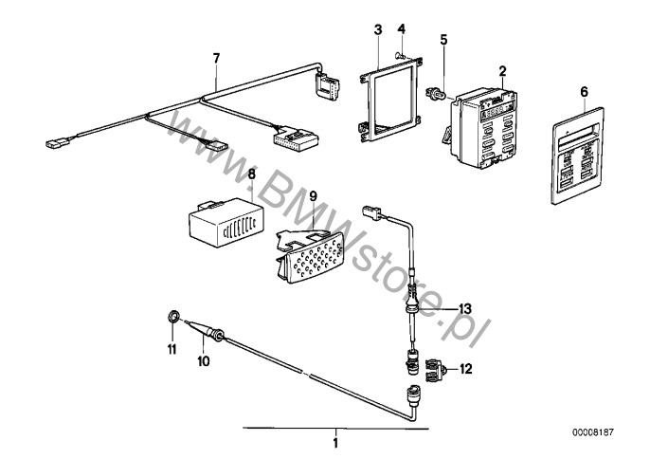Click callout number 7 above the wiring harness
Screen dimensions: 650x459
point(216,58)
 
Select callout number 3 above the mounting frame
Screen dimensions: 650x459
point(378,29)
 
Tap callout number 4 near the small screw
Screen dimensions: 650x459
point(402,28)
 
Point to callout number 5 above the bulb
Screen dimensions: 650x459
point(444,40)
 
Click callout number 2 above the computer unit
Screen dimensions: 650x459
point(502,71)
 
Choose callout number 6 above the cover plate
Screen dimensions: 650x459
point(584,92)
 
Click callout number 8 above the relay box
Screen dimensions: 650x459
point(252,174)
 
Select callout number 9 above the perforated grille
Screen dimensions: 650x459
point(313,195)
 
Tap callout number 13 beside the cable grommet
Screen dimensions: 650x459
point(464,309)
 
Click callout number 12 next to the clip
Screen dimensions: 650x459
point(465,369)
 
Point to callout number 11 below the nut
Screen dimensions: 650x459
point(172,349)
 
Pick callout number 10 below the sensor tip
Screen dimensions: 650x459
point(204,361)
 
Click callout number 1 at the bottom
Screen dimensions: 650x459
point(335,443)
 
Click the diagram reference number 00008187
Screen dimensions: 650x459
point(593,432)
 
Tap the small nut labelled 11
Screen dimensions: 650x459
point(173,318)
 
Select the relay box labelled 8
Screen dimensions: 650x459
point(226,222)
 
